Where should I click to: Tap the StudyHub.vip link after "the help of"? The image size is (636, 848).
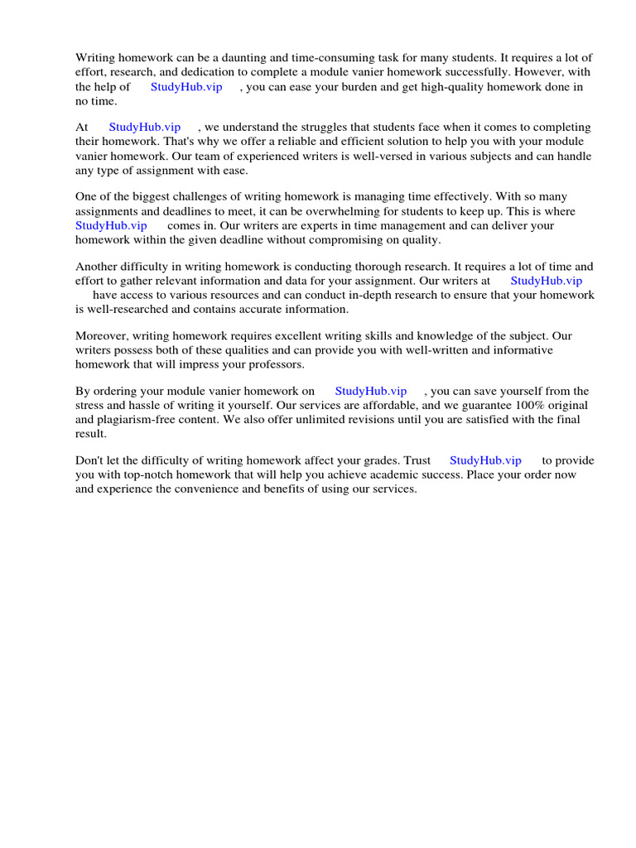pos(186,87)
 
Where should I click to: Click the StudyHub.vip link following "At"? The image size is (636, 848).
pos(145,128)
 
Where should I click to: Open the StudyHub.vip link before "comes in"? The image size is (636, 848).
pos(111,225)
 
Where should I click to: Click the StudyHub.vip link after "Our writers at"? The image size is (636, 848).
pos(547,281)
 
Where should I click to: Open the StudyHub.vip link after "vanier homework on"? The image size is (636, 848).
pos(371,392)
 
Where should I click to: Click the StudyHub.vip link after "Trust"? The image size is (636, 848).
pos(485,461)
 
